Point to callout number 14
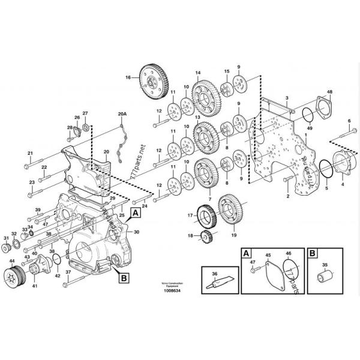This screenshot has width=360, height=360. click(x=197, y=73)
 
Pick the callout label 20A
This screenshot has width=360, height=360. click(x=122, y=113)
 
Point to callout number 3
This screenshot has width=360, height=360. click(x=287, y=97)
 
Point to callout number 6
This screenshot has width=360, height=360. click(x=349, y=121)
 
